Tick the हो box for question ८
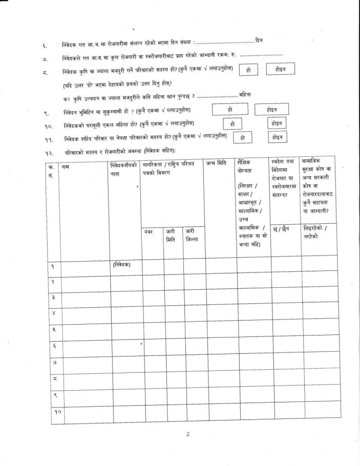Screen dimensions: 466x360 (x=248, y=70)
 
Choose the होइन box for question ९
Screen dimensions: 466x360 (x=272, y=110)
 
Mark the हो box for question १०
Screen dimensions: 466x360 (x=232, y=123)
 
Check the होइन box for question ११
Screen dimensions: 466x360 (x=277, y=137)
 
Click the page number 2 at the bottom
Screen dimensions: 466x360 (x=187, y=434)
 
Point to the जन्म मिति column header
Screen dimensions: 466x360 (x=216, y=163)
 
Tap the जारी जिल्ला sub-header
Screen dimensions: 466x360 (x=192, y=236)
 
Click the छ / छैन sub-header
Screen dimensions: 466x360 (x=283, y=229)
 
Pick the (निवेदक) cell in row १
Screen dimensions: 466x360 (x=121, y=264)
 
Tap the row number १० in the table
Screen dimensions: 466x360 (x=54, y=412)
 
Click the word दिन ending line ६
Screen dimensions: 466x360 (x=259, y=40)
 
